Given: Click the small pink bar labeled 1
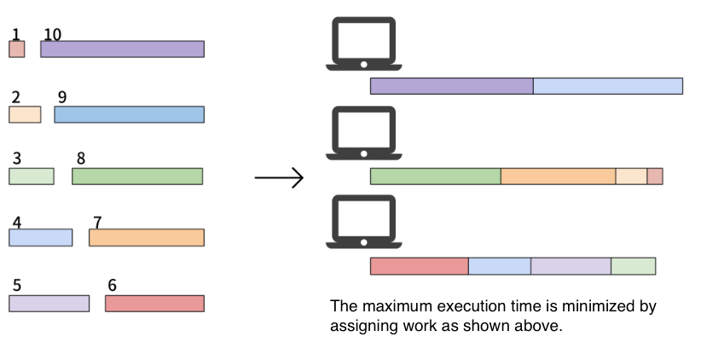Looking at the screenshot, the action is (17, 49).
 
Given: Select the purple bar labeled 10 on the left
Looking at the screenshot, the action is (123, 49).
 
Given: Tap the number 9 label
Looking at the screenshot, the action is (62, 97).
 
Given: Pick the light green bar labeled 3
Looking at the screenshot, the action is (32, 177).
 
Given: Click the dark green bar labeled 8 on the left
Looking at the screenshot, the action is (137, 177).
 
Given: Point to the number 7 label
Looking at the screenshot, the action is (97, 223).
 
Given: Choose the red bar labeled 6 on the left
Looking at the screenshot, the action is (154, 303).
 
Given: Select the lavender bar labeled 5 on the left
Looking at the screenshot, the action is (49, 303).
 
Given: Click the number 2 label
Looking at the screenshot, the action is (15, 97).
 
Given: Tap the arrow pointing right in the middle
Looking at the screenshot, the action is (280, 177).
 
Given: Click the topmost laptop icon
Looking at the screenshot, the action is (364, 44).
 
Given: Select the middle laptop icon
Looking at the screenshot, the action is (364, 133).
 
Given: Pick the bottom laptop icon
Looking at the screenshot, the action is (364, 221).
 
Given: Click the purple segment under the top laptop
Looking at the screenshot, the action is (451, 86).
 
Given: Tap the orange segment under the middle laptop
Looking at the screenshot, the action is (559, 177).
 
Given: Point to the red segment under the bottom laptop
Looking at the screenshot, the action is (420, 266).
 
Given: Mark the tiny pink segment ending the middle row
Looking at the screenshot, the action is (655, 177).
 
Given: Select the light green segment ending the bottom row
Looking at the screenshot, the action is (634, 266).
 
